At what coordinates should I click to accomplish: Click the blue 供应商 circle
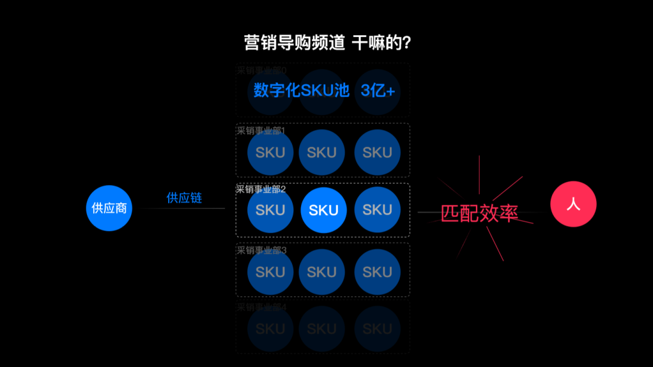[109, 208]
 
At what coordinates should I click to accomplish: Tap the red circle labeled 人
[573, 204]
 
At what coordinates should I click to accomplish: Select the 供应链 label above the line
[184, 198]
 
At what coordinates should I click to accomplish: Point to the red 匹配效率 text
[479, 213]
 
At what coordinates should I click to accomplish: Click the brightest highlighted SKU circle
[323, 210]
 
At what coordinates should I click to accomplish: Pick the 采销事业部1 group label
[261, 131]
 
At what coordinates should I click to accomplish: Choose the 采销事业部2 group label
[261, 189]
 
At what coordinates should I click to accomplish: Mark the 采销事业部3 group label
[261, 250]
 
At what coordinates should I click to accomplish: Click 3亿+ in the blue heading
[378, 91]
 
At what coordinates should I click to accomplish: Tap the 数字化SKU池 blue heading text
[302, 91]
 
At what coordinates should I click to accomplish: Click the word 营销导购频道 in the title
[294, 43]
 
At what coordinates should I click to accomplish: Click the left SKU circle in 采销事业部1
[270, 152]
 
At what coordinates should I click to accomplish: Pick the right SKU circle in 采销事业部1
[377, 152]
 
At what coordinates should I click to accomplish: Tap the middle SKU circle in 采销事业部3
[322, 272]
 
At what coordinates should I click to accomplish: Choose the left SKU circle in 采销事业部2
[270, 210]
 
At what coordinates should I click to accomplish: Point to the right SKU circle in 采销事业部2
[377, 210]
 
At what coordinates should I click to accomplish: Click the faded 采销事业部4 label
[261, 307]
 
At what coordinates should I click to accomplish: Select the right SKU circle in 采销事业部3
[377, 272]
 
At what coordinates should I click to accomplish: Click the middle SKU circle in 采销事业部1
[322, 152]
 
